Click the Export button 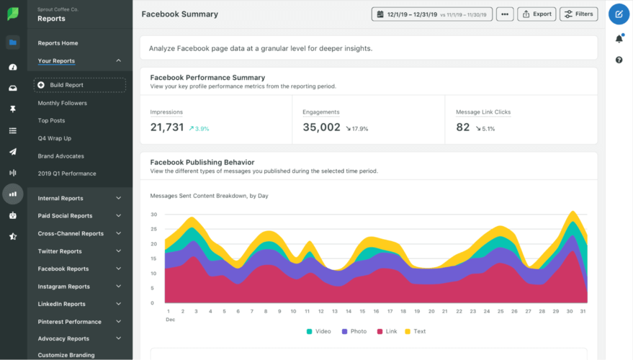[x=537, y=14]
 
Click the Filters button [x=578, y=14]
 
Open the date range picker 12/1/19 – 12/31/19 [x=432, y=14]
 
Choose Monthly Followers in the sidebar [x=63, y=103]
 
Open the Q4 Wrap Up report [x=55, y=138]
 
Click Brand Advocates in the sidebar [x=61, y=156]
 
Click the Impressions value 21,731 [x=167, y=127]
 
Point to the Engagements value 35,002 [x=321, y=127]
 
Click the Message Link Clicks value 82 [x=463, y=127]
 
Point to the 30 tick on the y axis [x=153, y=215]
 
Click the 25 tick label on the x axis [x=500, y=311]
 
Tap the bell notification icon [x=619, y=39]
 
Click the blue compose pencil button [x=619, y=14]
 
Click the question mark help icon [x=619, y=60]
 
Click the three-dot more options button [x=505, y=14]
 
